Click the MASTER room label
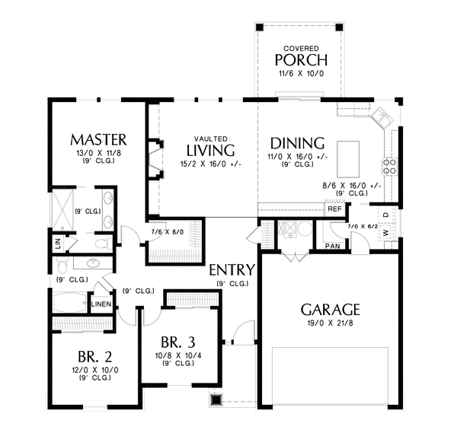pyautogui.click(x=97, y=139)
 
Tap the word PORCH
pyautogui.click(x=301, y=60)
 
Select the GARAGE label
pyautogui.click(x=330, y=310)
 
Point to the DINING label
pyautogui.click(x=298, y=143)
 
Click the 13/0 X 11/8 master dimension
pyautogui.click(x=97, y=153)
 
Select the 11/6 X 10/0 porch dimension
pyautogui.click(x=301, y=75)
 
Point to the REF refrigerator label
pyautogui.click(x=334, y=209)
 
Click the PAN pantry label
pyautogui.click(x=332, y=247)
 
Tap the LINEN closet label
pyautogui.click(x=101, y=304)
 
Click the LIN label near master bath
pyautogui.click(x=58, y=243)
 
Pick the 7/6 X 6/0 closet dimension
pyautogui.click(x=168, y=231)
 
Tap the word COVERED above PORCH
pyautogui.click(x=301, y=47)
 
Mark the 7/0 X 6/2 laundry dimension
pyautogui.click(x=362, y=227)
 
